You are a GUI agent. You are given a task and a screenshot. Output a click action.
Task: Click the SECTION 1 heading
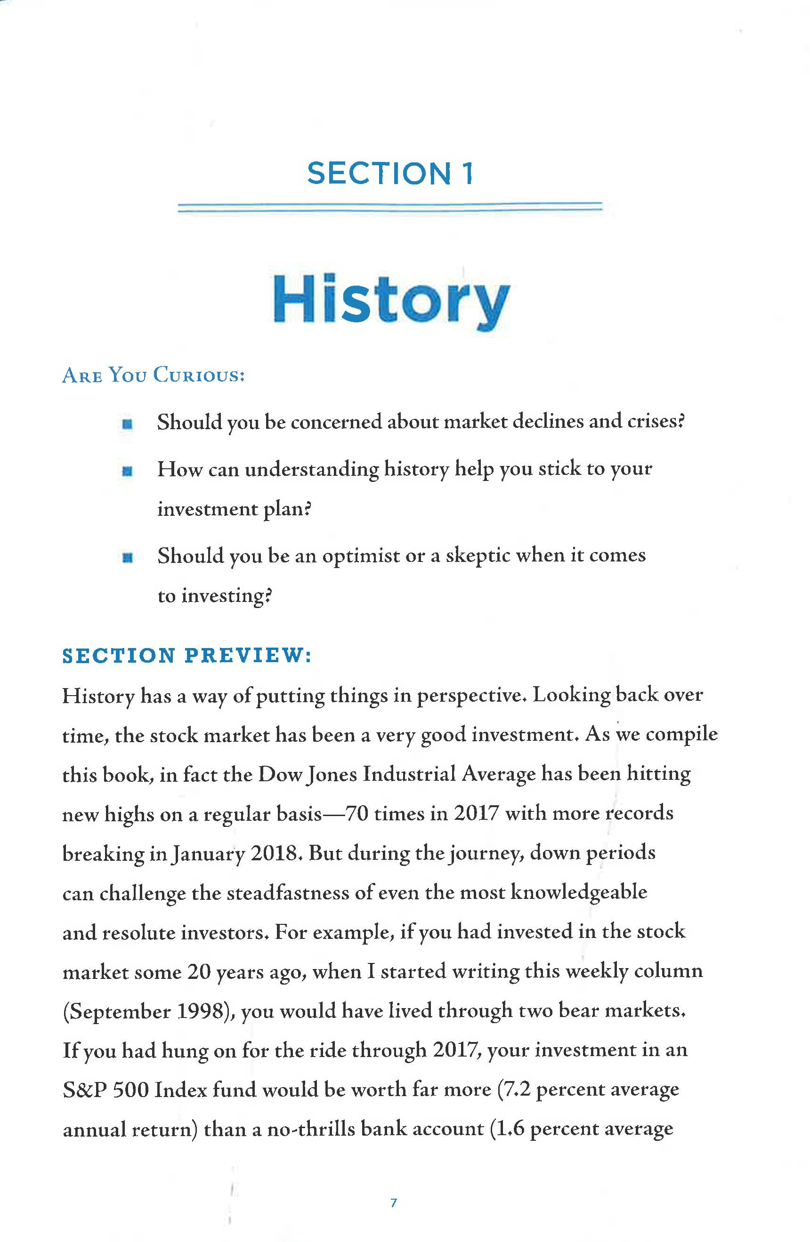[390, 173]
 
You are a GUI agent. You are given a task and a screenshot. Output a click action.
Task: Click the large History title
[391, 300]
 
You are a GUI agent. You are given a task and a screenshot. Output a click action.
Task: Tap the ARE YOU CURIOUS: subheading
[153, 375]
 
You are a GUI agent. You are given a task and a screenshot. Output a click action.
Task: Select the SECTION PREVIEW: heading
[186, 656]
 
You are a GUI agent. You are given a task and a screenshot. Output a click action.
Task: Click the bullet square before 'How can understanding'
[126, 472]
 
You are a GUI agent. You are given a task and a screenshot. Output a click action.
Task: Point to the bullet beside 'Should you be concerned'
[126, 424]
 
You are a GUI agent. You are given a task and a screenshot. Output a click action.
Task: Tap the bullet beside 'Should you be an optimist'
[126, 558]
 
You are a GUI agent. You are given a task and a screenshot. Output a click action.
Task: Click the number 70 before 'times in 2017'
[357, 813]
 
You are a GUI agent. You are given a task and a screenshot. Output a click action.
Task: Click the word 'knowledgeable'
[578, 892]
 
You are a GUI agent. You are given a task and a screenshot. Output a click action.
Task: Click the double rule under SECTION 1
[389, 207]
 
